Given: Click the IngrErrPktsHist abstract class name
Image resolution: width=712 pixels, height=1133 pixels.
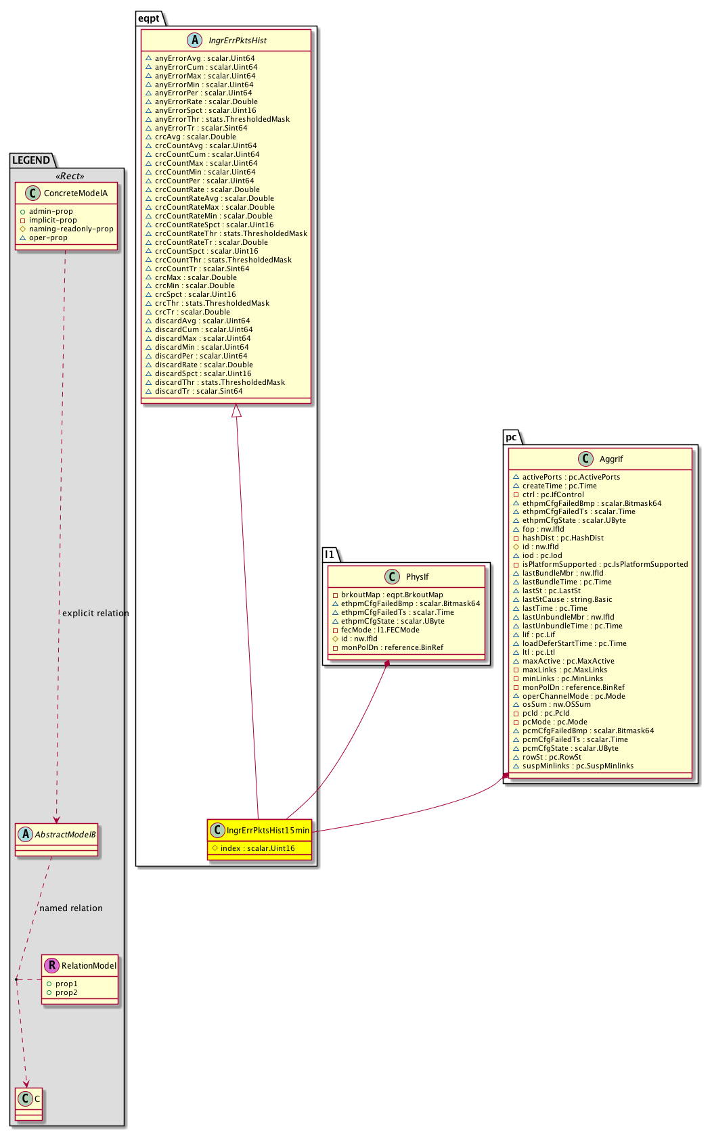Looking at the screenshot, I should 238,41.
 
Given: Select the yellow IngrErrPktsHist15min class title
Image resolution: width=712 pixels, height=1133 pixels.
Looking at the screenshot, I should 267,830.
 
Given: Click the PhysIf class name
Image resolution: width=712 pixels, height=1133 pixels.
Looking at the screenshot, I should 417,577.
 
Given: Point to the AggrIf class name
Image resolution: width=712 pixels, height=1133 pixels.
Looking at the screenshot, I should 610,459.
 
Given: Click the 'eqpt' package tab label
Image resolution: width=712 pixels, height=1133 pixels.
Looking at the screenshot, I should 149,18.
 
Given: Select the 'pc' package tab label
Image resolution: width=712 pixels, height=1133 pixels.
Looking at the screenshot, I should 511,437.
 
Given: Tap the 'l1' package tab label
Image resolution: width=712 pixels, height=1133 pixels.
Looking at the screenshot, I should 330,555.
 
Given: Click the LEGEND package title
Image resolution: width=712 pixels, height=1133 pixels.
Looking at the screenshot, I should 31,160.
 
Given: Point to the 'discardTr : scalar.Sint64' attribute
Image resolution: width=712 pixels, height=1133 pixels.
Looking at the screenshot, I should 198,391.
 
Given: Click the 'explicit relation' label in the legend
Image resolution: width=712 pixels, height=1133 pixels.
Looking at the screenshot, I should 95,614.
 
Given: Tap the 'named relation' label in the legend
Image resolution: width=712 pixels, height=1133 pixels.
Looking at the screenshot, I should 71,908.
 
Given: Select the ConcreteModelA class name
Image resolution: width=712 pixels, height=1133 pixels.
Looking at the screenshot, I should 75,193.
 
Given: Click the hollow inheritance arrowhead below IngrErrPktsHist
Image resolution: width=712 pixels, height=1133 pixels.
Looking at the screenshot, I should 236,410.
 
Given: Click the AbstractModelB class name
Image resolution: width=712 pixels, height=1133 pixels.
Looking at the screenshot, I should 65,835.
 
